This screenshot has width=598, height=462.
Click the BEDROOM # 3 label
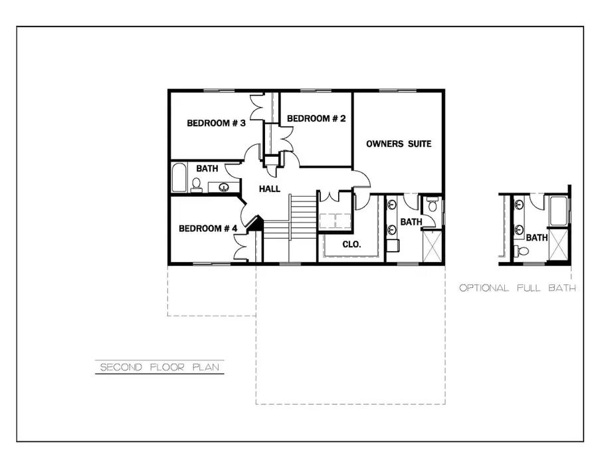[216, 123]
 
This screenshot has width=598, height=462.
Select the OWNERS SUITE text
[399, 144]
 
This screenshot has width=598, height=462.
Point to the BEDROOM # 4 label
[208, 229]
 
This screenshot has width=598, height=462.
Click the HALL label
[270, 189]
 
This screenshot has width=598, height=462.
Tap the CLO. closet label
[351, 244]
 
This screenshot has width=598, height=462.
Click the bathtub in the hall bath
[179, 177]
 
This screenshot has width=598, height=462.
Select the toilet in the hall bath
[197, 184]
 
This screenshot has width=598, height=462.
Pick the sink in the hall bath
[225, 187]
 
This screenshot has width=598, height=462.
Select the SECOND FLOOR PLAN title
[159, 367]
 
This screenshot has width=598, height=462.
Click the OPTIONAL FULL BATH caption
[517, 288]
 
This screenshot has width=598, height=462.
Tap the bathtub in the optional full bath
[557, 212]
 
